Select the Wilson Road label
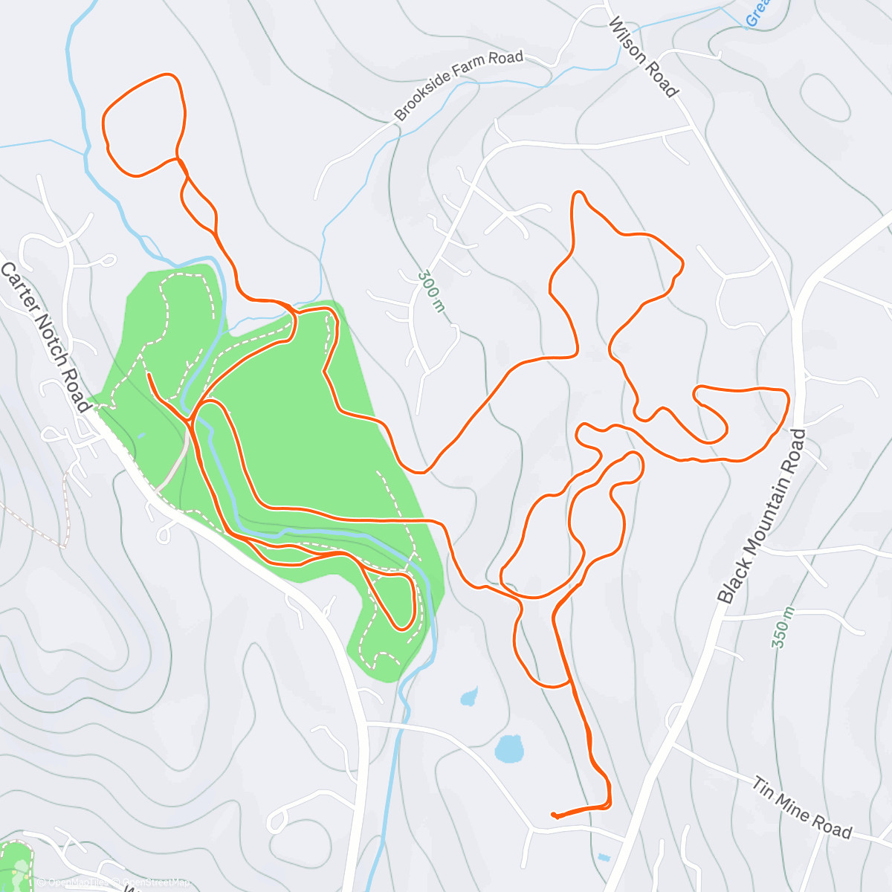643,57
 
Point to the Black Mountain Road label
762,516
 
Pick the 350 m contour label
783,627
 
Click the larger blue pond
509,748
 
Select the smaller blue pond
468,697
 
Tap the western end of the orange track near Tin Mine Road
553,815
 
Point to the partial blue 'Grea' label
757,13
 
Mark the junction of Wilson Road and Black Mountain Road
795,312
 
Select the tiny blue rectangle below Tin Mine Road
604,857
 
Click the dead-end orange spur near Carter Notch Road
149,375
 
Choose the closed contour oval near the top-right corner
825,97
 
